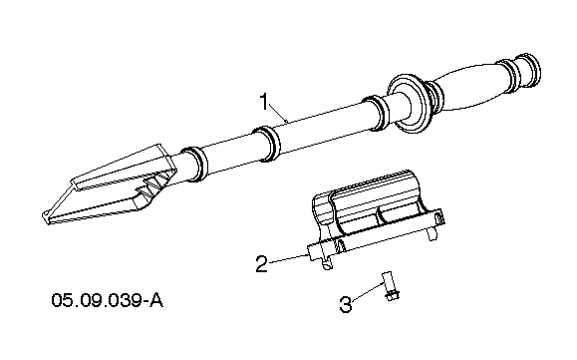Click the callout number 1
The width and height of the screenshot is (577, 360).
click(265, 102)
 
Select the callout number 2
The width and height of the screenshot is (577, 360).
click(262, 264)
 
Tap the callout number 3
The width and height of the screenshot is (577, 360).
click(345, 304)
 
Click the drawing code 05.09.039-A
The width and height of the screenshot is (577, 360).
click(107, 300)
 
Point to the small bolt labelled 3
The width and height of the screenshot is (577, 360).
click(391, 286)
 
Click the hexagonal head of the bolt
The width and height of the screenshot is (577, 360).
click(393, 295)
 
